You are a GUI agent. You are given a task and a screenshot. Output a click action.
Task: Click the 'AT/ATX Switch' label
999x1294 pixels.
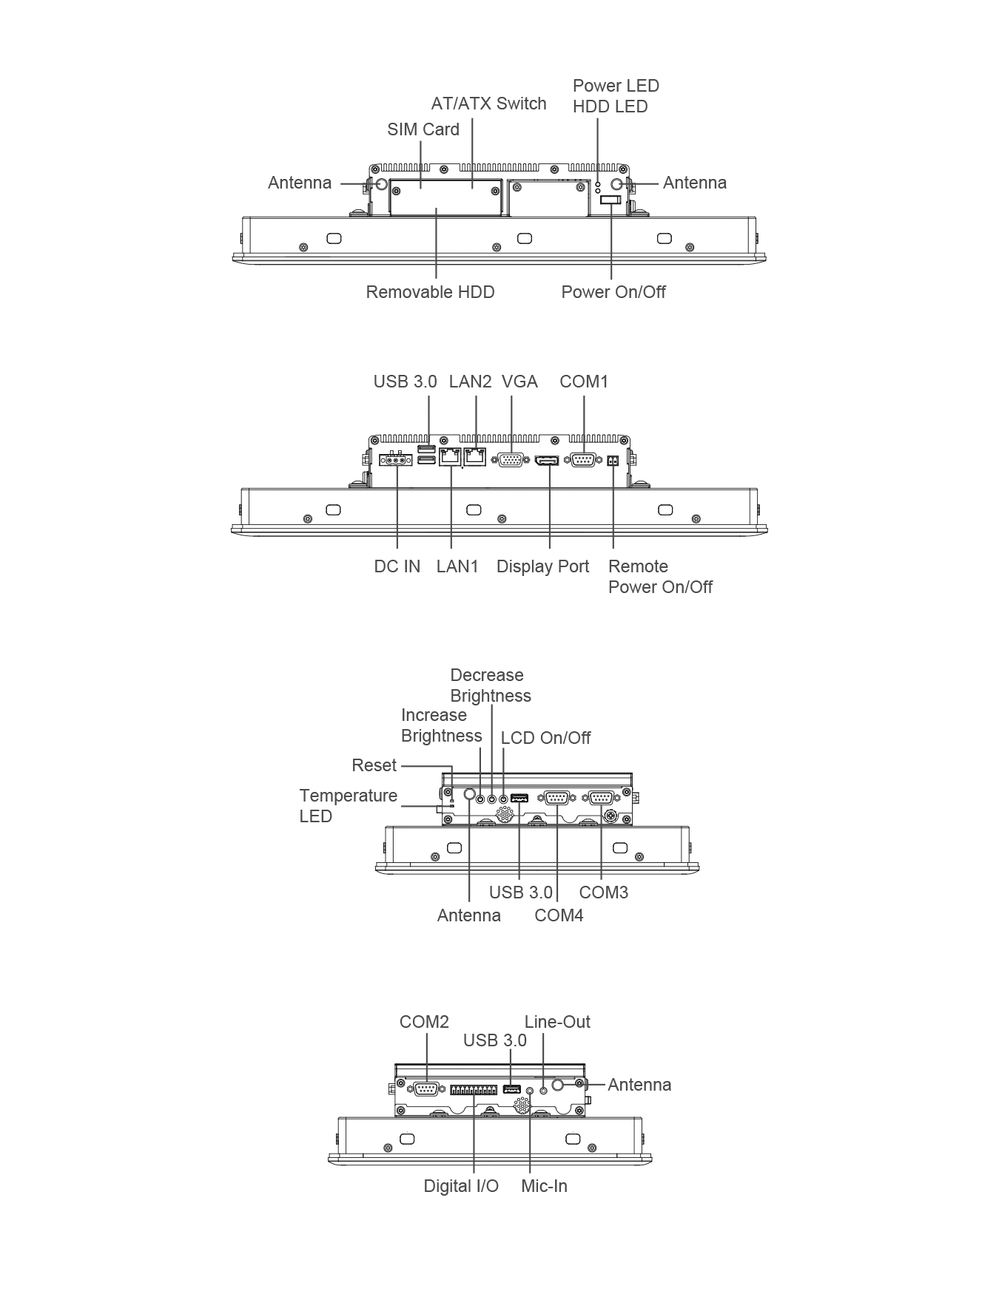click(488, 104)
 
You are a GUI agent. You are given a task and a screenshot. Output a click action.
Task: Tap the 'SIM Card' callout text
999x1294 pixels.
click(423, 129)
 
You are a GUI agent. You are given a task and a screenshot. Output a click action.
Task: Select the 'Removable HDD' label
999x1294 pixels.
click(430, 292)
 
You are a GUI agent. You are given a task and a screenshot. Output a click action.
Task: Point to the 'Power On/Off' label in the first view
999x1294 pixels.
click(613, 292)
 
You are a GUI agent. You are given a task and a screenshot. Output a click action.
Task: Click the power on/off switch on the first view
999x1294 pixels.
click(611, 201)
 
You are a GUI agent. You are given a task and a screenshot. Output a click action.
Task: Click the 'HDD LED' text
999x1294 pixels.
click(610, 106)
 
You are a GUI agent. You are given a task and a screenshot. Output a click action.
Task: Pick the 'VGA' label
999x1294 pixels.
click(519, 382)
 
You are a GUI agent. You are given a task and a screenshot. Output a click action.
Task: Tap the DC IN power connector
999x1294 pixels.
click(396, 460)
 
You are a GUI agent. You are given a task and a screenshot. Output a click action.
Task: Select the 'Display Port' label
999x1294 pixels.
click(542, 566)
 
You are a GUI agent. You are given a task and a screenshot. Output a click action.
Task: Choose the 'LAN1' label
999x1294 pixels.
click(457, 566)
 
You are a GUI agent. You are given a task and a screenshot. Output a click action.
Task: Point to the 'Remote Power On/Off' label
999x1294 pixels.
click(660, 577)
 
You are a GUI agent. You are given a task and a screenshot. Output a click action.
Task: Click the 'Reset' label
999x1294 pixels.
click(374, 765)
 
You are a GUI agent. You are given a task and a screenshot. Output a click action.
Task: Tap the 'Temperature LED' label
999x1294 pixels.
click(348, 806)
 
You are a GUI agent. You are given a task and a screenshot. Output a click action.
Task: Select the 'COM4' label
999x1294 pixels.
click(559, 915)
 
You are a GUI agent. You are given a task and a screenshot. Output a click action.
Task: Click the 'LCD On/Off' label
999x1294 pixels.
click(545, 738)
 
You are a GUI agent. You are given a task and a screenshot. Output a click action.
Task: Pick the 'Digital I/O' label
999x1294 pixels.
click(461, 1186)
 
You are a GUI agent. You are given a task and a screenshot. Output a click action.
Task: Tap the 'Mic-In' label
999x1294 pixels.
click(544, 1186)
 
